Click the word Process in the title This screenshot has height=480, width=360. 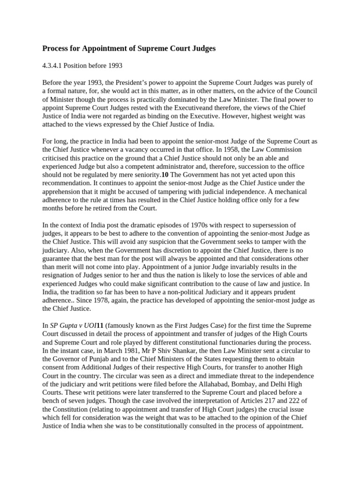click(x=56, y=48)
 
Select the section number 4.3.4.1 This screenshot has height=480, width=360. click(x=55, y=65)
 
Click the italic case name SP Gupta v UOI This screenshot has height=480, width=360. click(x=72, y=325)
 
